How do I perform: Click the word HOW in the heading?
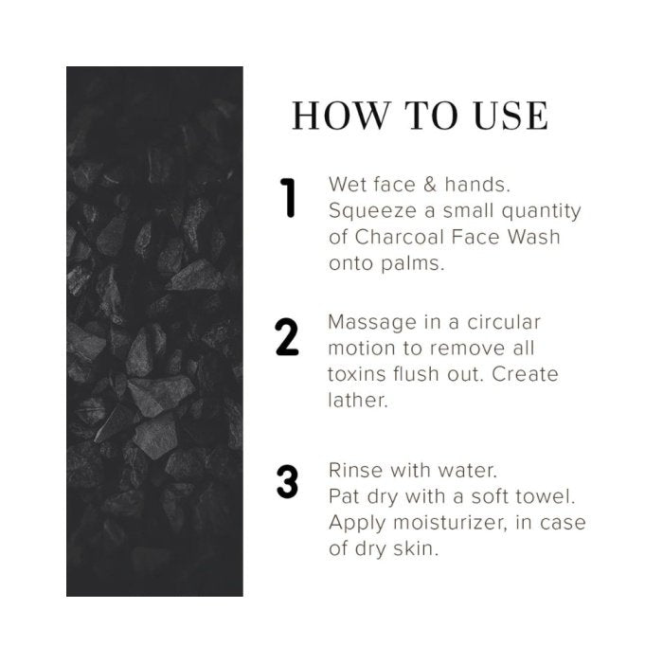[x=340, y=116]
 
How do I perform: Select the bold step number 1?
[x=288, y=198]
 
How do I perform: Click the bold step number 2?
[x=287, y=336]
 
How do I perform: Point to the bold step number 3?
[x=288, y=481]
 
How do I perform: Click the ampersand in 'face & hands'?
[x=430, y=185]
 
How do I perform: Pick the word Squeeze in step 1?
[x=372, y=211]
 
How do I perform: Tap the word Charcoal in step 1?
[x=399, y=237]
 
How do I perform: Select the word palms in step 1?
[x=413, y=264]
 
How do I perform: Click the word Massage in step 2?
[x=372, y=323]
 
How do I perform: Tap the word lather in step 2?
[x=358, y=400]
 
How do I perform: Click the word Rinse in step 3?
[x=355, y=471]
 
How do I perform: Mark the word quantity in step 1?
[x=541, y=211]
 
